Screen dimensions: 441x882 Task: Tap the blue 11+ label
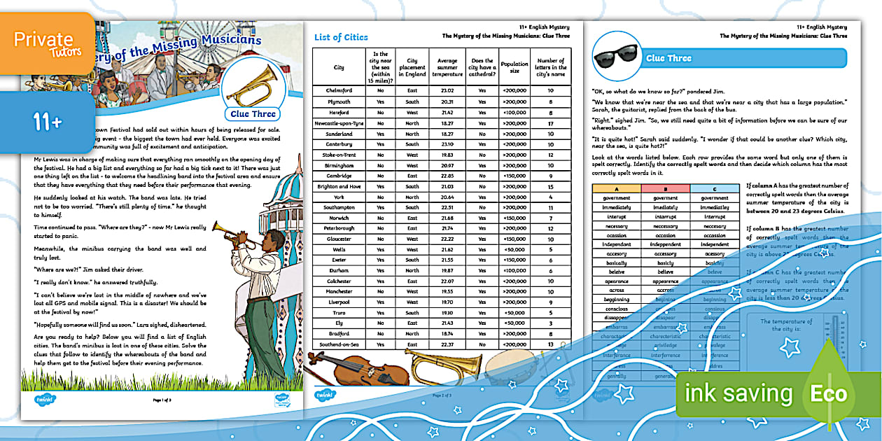pos(46,123)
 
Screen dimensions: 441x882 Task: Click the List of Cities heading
pos(341,37)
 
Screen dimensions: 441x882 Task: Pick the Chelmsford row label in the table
pos(339,90)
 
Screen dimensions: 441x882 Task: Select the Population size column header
pos(514,67)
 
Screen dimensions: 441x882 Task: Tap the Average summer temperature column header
pos(447,67)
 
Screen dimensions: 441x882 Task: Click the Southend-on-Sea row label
pos(339,344)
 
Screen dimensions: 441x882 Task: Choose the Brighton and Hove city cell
pos(339,186)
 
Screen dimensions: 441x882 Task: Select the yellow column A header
pos(616,189)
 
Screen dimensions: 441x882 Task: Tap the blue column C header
pos(714,189)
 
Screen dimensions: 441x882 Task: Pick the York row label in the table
pos(339,197)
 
